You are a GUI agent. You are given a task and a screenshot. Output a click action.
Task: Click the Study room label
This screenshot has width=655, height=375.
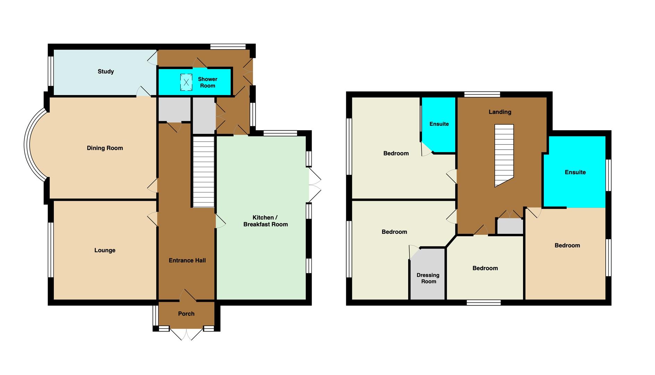click(106, 72)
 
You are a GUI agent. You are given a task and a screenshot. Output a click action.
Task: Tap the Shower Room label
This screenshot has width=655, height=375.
click(208, 82)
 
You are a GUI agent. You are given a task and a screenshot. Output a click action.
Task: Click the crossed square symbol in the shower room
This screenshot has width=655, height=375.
click(186, 82)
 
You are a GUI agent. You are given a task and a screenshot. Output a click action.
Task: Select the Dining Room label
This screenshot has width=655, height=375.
click(105, 148)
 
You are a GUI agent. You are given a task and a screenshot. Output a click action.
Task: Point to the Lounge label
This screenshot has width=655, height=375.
click(105, 250)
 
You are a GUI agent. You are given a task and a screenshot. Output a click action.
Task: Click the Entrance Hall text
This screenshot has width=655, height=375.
click(187, 260)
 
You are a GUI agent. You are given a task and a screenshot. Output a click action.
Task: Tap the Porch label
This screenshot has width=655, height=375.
click(186, 314)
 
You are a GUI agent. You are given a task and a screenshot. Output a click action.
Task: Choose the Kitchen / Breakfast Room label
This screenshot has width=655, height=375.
click(266, 221)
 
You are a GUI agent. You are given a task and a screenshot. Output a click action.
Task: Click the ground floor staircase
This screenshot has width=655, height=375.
click(203, 172)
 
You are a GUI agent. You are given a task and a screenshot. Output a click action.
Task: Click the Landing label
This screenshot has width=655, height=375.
click(500, 112)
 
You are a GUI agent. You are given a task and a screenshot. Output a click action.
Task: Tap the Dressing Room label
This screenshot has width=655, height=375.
click(428, 278)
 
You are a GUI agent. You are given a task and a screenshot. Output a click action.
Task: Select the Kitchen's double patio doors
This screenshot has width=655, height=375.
click(315, 185)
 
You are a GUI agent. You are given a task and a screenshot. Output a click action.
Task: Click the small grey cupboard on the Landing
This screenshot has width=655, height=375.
click(510, 226)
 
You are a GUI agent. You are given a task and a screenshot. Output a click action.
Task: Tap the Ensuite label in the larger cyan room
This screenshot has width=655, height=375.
click(575, 172)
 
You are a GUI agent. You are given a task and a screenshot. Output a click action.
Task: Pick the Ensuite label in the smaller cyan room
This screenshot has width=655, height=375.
click(439, 124)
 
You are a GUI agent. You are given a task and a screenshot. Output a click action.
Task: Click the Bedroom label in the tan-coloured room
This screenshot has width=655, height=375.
click(567, 245)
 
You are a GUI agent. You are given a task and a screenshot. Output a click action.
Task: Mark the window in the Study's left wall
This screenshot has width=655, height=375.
click(51, 71)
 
